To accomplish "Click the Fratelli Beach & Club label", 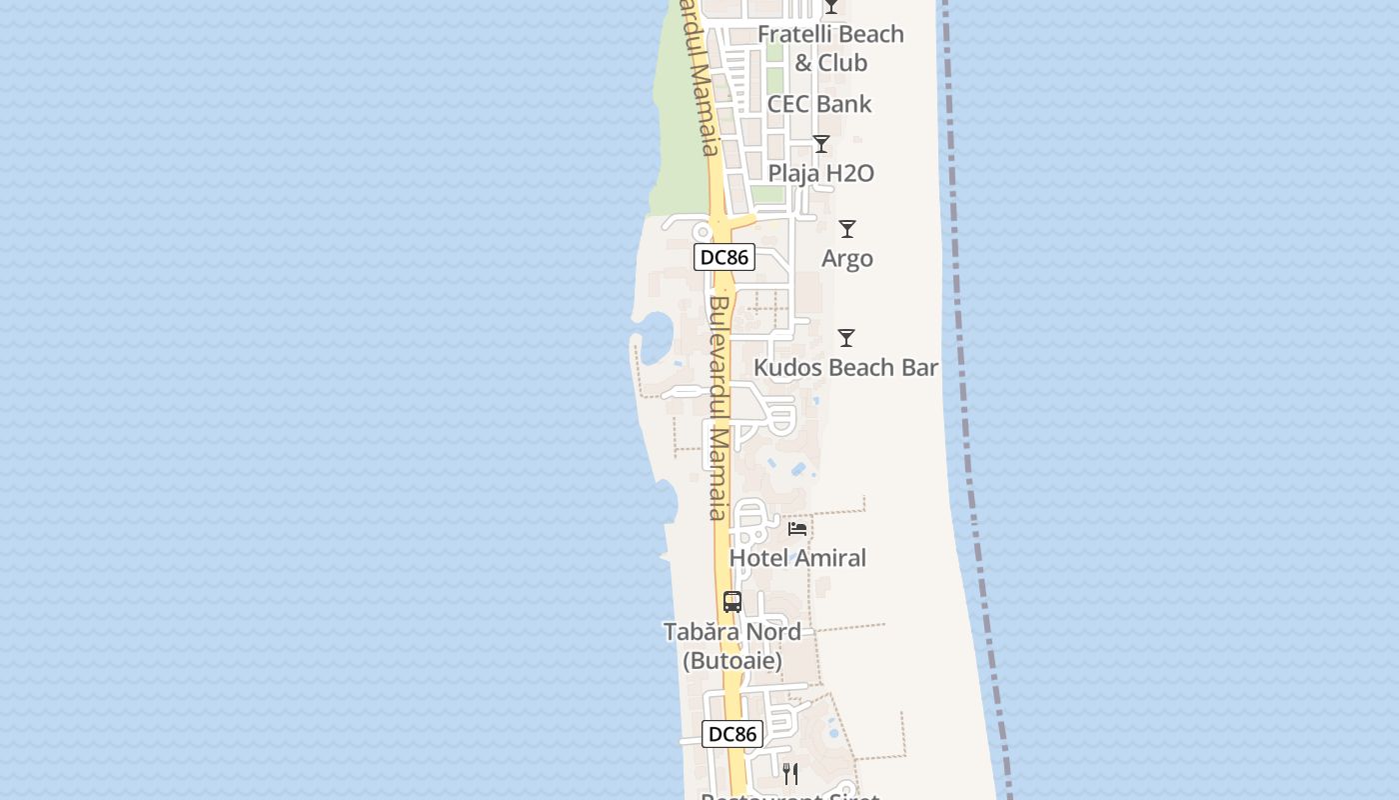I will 830,48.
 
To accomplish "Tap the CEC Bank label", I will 819,104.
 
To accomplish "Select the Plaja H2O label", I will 821,173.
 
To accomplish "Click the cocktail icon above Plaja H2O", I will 821,144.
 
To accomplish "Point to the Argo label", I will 847,258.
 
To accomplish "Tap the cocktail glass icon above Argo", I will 847,229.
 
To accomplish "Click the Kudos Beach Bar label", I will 845,367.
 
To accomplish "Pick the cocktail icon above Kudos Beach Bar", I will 846,338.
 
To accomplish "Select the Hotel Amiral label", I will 798,557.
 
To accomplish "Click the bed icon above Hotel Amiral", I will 797,528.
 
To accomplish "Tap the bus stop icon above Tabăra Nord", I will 732,602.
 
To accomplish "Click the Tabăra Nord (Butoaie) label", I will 732,646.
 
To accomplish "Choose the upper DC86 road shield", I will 724,257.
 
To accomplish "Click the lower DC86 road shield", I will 732,734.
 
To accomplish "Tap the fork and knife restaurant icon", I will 789,773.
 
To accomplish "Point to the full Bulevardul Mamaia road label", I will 719,408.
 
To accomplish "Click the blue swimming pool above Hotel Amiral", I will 799,468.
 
